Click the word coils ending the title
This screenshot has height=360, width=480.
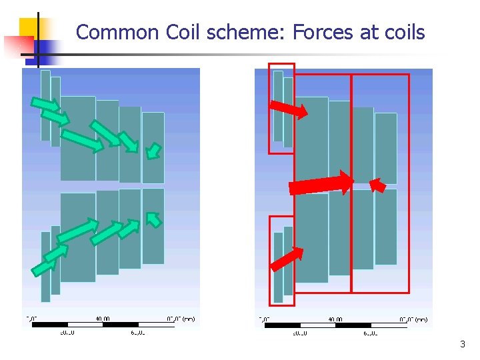[402, 32]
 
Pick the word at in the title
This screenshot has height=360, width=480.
[368, 32]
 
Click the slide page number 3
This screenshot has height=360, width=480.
[462, 345]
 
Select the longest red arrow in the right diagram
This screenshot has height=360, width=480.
[321, 184]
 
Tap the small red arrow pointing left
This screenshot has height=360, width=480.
[378, 185]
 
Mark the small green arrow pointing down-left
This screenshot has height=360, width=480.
[154, 151]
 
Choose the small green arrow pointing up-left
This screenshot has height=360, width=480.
[154, 219]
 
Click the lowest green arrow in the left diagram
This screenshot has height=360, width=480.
[44, 267]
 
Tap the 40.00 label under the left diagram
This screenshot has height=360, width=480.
[103, 319]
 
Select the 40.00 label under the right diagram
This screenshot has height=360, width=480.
[335, 319]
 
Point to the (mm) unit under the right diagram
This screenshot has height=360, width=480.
[419, 319]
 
